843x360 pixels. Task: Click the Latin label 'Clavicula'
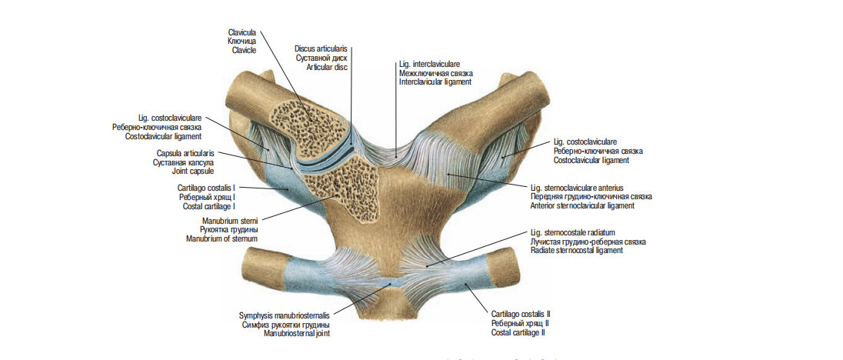tap(242, 32)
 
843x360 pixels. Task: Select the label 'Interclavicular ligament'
tap(435, 82)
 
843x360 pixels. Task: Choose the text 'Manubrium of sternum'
tap(222, 238)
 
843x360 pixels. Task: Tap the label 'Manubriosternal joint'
tap(297, 334)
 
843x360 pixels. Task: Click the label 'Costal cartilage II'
tap(518, 332)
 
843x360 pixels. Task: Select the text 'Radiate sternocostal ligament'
tap(576, 251)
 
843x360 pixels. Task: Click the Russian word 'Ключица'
tap(242, 41)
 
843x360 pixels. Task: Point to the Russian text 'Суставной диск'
tap(322, 58)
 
